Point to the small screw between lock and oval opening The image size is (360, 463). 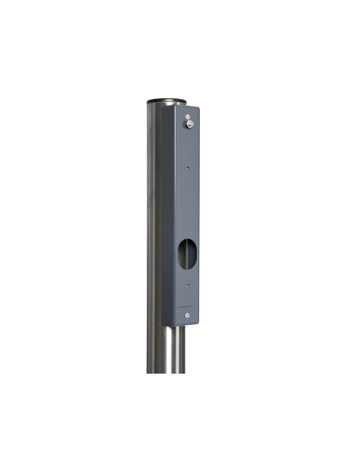coord(189,168)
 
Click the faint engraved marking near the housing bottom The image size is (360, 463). coord(184,305)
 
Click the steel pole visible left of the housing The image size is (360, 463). coord(153,222)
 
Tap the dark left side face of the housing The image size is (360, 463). coord(169,222)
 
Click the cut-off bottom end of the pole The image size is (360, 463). coord(169,371)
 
